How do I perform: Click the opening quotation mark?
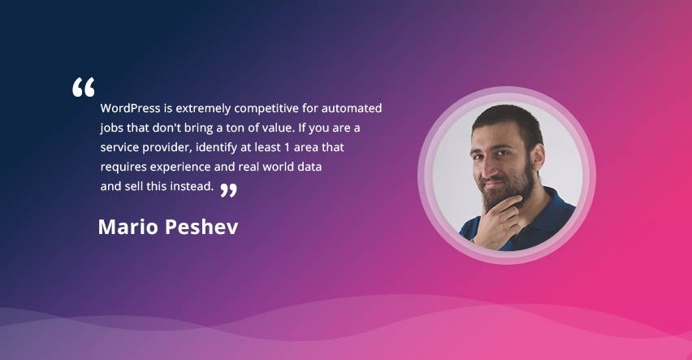84,87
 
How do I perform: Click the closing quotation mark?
228,190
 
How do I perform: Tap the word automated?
352,108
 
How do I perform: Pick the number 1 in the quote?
287,147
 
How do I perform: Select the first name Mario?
128,227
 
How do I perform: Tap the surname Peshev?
202,227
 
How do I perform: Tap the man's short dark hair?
508,121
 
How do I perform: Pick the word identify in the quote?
212,148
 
